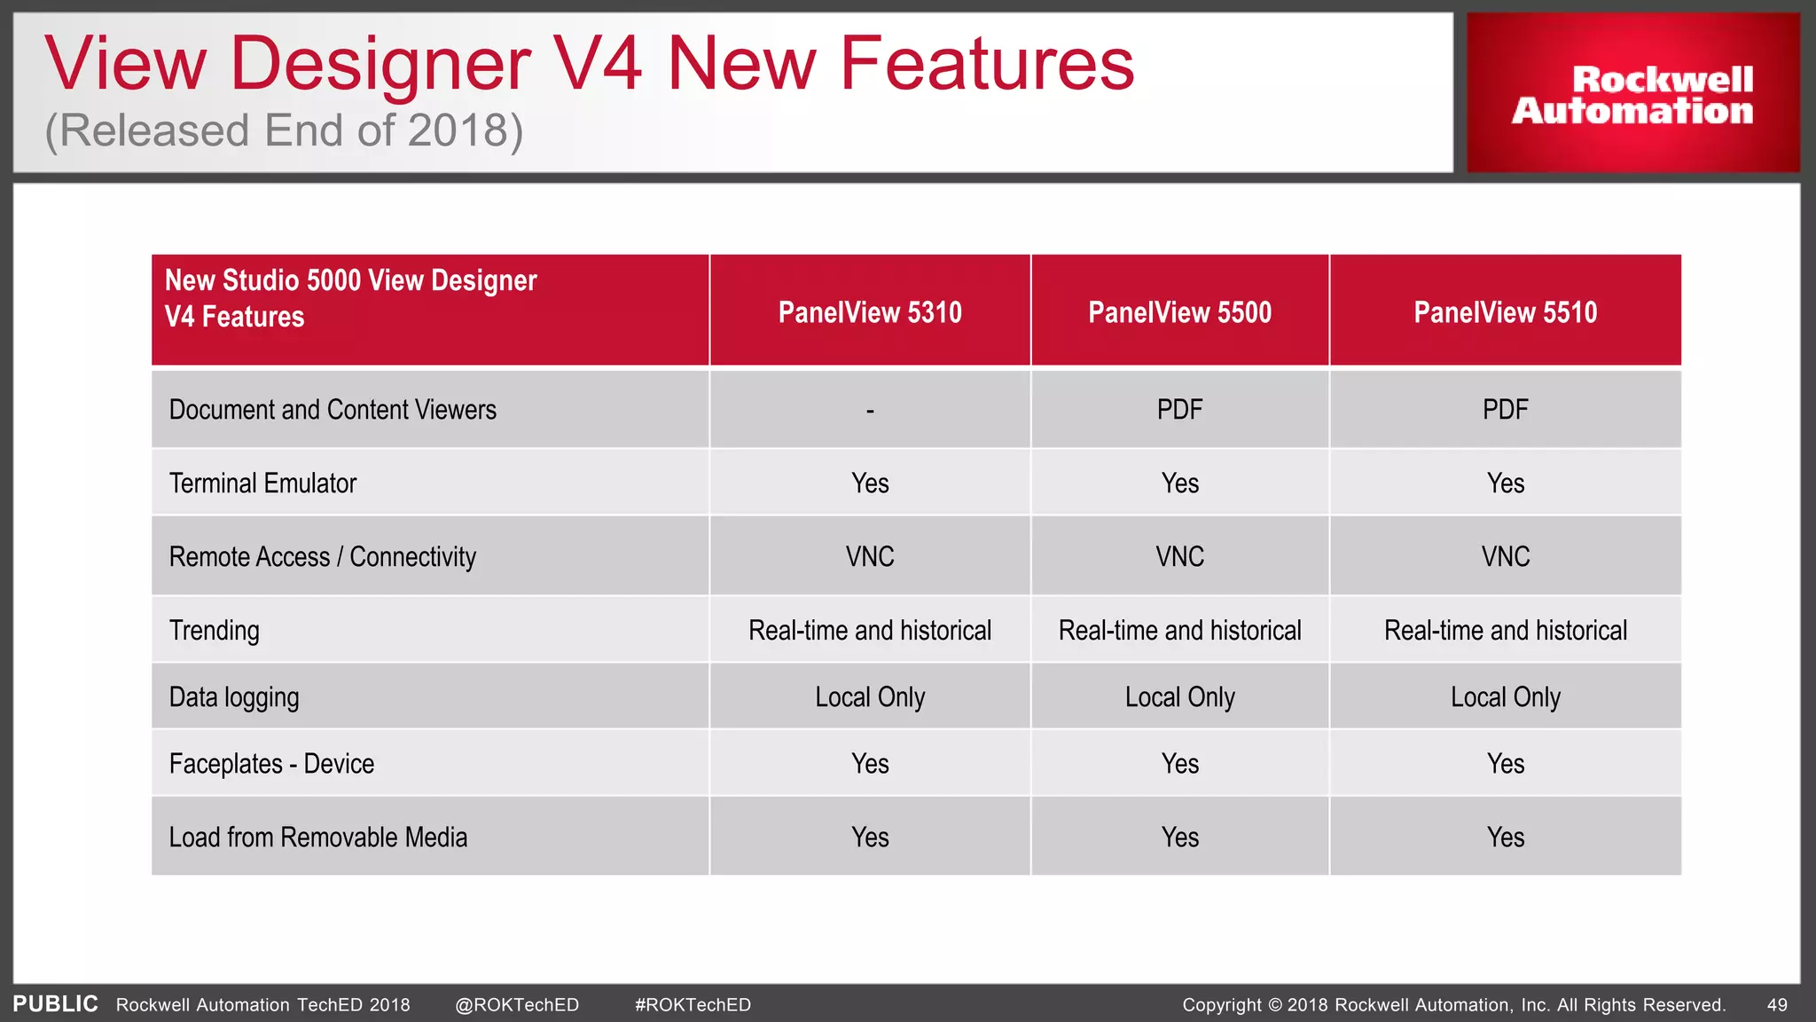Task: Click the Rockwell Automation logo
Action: (x=1632, y=94)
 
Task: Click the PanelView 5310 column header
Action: (x=870, y=312)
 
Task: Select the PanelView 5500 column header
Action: (x=1179, y=312)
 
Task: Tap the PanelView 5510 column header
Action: (x=1505, y=312)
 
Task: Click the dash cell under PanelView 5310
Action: (x=870, y=410)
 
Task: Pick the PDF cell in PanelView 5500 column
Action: (x=1179, y=410)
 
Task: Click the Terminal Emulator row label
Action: (x=262, y=483)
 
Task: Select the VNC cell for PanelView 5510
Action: (x=1505, y=557)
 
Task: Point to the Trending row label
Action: (x=215, y=631)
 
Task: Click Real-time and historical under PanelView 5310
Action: (x=870, y=631)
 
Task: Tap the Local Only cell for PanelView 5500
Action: (x=1179, y=697)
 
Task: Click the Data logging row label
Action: (x=234, y=697)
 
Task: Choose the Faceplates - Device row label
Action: (x=271, y=764)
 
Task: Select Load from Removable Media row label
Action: (x=317, y=837)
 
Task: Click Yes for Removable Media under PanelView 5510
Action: (x=1505, y=837)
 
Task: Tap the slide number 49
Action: (x=1777, y=1005)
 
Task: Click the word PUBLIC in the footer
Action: (x=55, y=1004)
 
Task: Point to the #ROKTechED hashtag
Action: (x=693, y=1005)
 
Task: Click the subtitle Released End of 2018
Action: (x=284, y=131)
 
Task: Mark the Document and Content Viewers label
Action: (x=333, y=410)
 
